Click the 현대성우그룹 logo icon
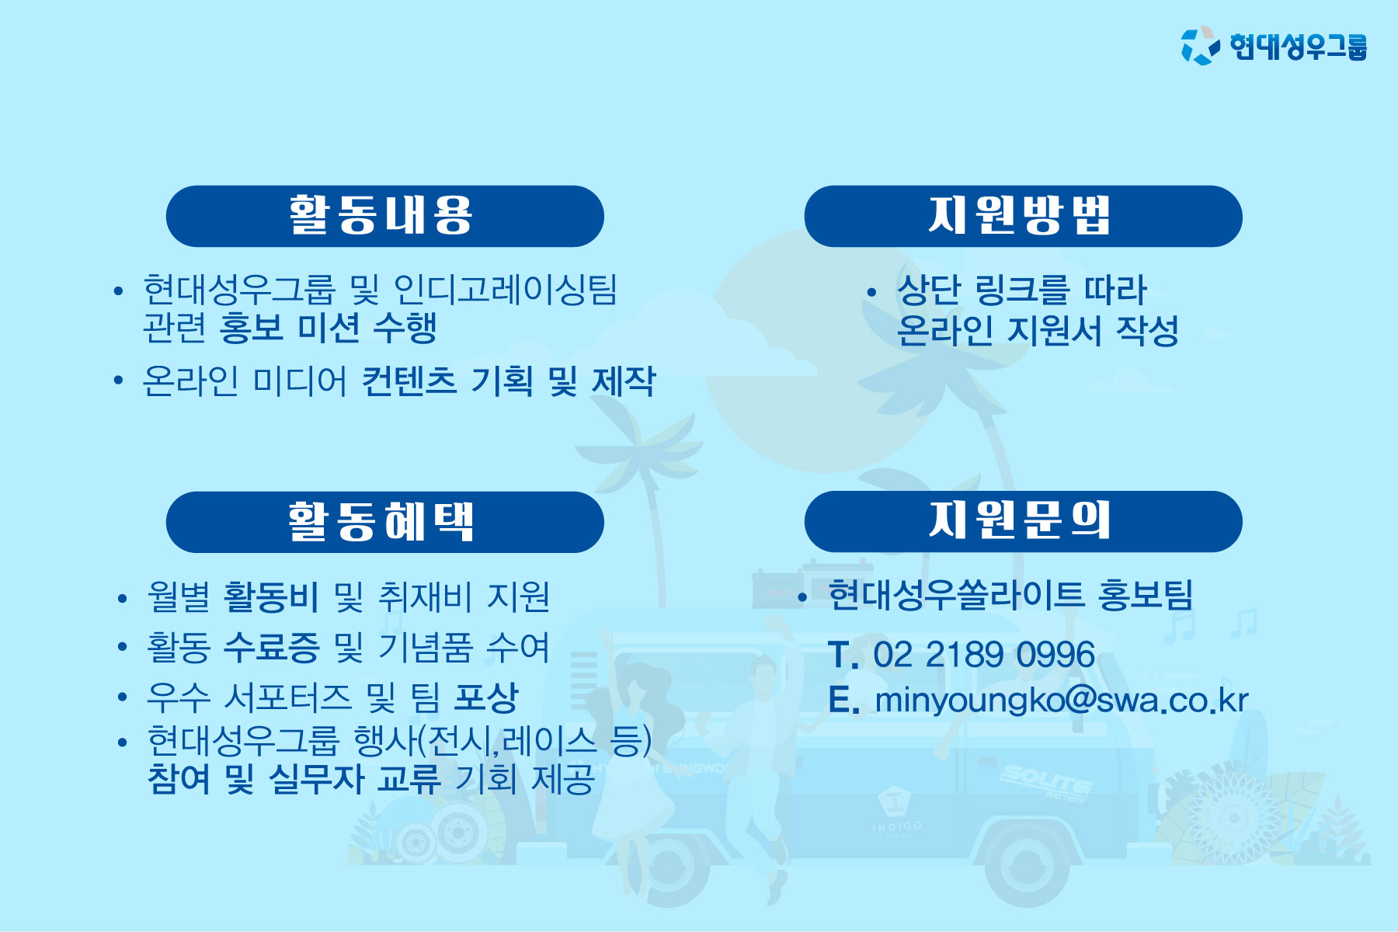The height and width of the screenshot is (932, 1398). click(x=1200, y=46)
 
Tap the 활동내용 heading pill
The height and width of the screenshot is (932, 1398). click(x=384, y=216)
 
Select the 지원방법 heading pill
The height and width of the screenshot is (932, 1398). click(x=1023, y=216)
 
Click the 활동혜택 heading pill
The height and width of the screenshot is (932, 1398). click(x=384, y=522)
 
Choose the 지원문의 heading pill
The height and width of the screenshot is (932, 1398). click(x=1023, y=521)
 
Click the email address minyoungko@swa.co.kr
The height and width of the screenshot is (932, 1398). click(x=1061, y=701)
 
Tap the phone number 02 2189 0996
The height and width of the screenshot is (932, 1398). click(x=984, y=655)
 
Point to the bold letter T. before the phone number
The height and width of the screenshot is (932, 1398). click(x=843, y=655)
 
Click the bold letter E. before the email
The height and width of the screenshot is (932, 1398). click(x=843, y=700)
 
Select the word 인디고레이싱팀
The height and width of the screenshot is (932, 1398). click(x=506, y=290)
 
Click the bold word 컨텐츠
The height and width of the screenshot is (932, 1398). click(x=409, y=381)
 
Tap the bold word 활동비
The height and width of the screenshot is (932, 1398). click(x=271, y=596)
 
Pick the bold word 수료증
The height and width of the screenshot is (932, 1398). click(x=271, y=647)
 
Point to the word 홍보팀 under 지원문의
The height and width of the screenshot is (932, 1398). click(x=1146, y=595)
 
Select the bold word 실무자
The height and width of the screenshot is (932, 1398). click(x=316, y=778)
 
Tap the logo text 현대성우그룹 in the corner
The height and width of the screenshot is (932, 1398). click(x=1299, y=46)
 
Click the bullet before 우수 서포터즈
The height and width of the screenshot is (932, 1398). click(x=122, y=697)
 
